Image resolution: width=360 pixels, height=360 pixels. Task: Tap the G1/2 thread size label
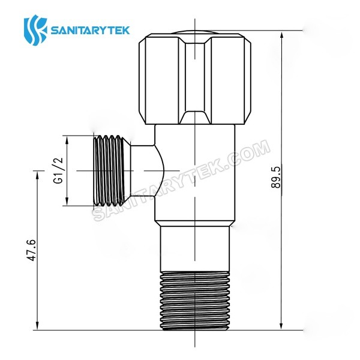(59, 171)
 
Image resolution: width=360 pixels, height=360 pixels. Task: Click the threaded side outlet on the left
(111, 171)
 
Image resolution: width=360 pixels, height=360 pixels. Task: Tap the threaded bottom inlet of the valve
(195, 300)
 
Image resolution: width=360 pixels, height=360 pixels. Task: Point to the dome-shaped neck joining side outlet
(144, 171)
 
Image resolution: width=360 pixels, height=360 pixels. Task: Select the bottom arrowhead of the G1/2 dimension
(67, 202)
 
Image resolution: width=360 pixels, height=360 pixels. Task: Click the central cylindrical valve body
(195, 174)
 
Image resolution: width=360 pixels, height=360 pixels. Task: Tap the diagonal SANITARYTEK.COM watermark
(180, 180)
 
